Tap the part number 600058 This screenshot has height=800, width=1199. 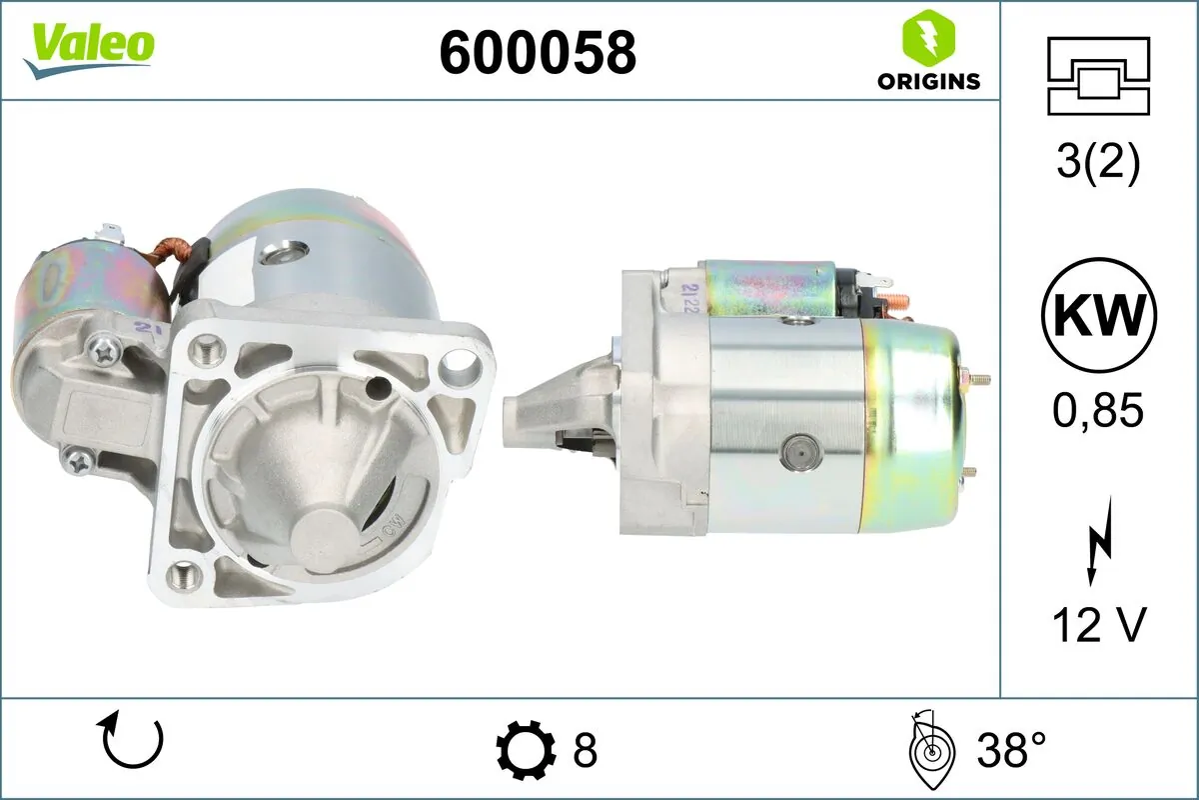[538, 53]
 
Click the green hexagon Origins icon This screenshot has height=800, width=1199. [928, 36]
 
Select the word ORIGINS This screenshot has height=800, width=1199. [928, 81]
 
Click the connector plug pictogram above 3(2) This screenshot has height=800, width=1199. [1098, 76]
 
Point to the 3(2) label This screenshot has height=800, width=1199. [1098, 162]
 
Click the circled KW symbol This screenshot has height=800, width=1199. [1099, 315]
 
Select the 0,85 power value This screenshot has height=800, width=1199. [1098, 410]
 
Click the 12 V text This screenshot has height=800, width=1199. [1099, 624]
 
